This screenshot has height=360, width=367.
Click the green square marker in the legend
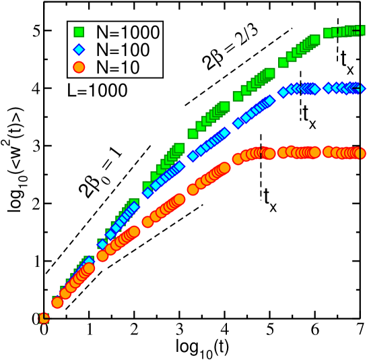(x=79, y=32)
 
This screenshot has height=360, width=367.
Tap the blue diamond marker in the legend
(x=79, y=49)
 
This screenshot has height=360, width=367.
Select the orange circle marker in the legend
(x=79, y=67)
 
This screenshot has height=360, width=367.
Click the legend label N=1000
(x=128, y=32)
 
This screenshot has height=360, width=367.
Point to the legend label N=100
(x=123, y=49)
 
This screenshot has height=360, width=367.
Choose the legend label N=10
(x=118, y=67)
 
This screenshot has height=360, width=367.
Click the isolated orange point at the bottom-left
(x=44, y=318)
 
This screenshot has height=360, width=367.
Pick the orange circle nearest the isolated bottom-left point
(x=57, y=303)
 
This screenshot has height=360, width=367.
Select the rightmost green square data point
(x=360, y=30)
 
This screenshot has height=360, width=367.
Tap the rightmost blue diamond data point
(x=358, y=88)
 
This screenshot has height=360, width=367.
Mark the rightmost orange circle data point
(x=360, y=154)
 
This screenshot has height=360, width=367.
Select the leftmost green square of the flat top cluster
(x=329, y=33)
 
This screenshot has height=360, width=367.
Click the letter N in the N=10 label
(x=102, y=67)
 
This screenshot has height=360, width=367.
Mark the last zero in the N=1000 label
(x=154, y=32)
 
